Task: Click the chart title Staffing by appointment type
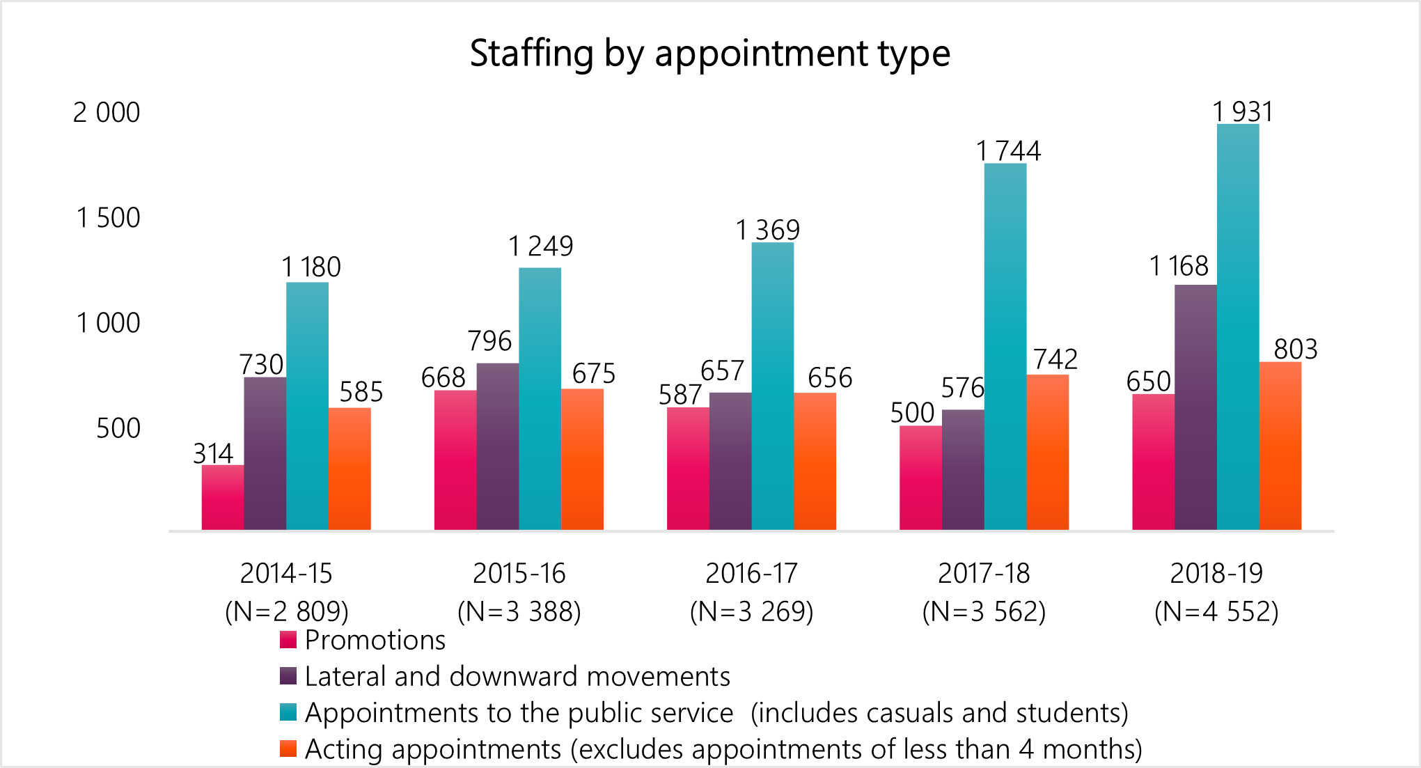click(x=709, y=54)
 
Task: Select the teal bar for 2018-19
click(x=1237, y=327)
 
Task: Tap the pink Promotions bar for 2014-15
click(x=223, y=497)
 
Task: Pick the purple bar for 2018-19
click(x=1195, y=407)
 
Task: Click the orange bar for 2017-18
click(x=1047, y=453)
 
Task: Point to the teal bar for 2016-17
click(x=772, y=386)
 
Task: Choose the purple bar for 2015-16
click(x=498, y=446)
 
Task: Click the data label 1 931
click(x=1243, y=111)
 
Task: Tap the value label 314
click(x=213, y=454)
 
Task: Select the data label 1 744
click(x=1008, y=151)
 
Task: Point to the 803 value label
click(x=1296, y=349)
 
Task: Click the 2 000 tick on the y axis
click(x=107, y=113)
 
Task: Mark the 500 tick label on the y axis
click(x=118, y=428)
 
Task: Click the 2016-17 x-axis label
click(x=751, y=574)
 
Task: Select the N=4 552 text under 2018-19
click(x=1216, y=611)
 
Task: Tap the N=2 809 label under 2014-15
click(x=287, y=611)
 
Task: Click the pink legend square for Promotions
click(x=288, y=640)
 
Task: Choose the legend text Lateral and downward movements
click(x=517, y=676)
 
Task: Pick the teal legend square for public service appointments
click(x=288, y=712)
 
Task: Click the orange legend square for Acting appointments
click(x=288, y=749)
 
